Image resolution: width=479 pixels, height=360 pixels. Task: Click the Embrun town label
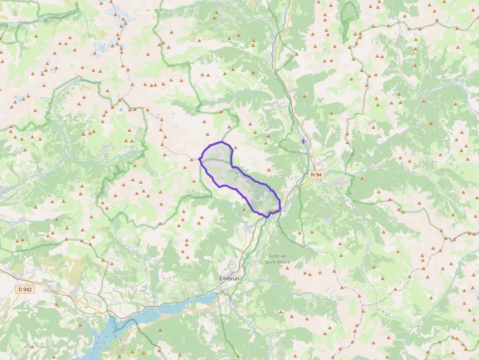coord(229,278)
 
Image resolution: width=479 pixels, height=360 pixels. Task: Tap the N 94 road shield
coord(316,174)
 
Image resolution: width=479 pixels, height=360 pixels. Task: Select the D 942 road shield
coord(25,289)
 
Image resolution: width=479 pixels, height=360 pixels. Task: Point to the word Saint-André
coord(278,262)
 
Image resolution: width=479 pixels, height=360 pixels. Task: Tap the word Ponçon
coord(102,348)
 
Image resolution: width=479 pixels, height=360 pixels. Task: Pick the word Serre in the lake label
coord(102,342)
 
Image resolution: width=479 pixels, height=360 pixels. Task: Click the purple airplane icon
coord(304,141)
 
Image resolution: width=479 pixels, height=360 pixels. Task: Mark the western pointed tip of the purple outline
coord(199,159)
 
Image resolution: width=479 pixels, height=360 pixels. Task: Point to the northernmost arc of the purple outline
coord(221,142)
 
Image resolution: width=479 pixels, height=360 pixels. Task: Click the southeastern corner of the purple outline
coord(280,210)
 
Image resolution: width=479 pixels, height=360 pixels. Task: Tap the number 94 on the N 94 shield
coord(319,174)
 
